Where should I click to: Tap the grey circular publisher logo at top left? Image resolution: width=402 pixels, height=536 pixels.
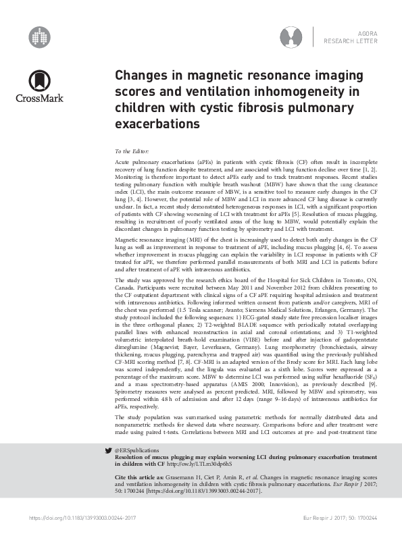[x=41, y=36]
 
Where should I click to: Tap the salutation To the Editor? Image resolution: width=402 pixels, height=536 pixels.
[x=131, y=153]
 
